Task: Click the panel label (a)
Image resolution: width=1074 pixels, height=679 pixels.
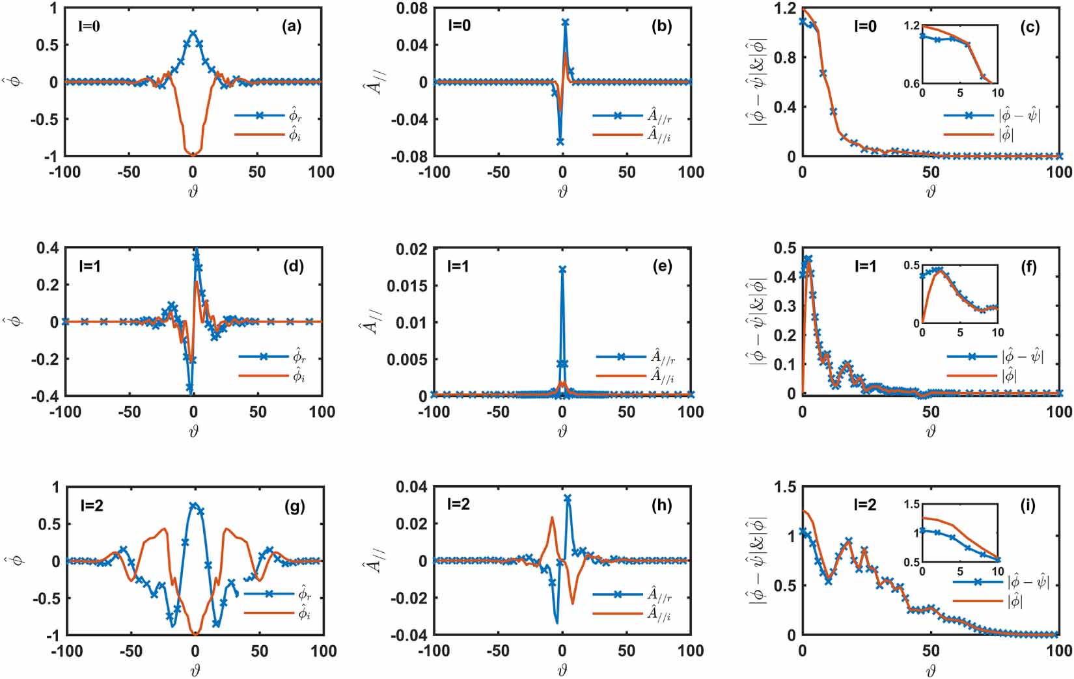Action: coord(291,27)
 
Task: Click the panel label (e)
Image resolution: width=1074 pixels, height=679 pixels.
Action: coord(661,266)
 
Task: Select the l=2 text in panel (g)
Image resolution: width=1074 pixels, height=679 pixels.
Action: coord(89,505)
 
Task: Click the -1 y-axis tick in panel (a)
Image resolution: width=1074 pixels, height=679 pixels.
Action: coord(51,156)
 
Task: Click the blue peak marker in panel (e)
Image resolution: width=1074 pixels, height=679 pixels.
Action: coord(562,269)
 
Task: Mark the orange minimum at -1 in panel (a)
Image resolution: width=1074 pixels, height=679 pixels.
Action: coord(193,155)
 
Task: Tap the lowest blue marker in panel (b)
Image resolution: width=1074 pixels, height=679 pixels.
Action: coord(560,141)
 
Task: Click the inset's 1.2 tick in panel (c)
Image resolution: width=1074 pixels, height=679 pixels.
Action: coord(912,25)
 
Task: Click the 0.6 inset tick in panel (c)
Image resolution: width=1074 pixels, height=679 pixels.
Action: coord(912,84)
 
